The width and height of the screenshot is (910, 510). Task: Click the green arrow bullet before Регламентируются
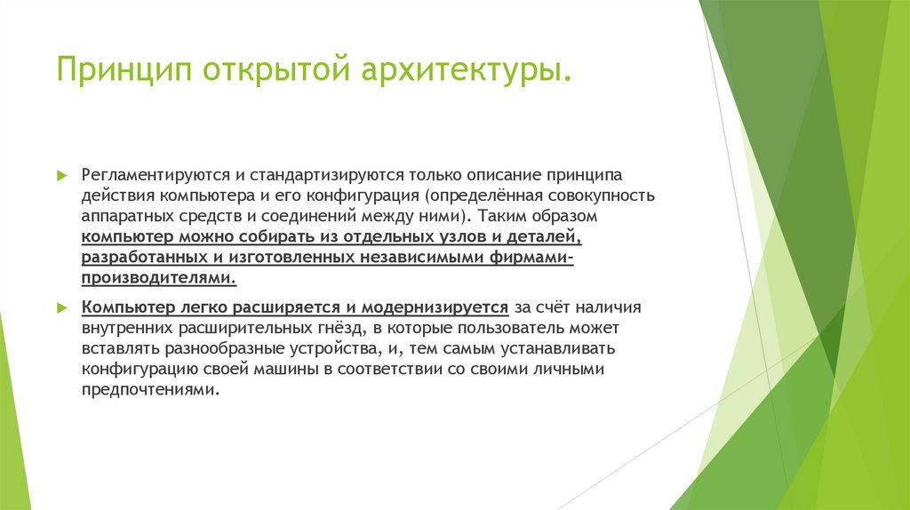61,175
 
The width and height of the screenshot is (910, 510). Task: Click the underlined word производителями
159,278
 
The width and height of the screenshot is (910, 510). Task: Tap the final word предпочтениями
149,389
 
